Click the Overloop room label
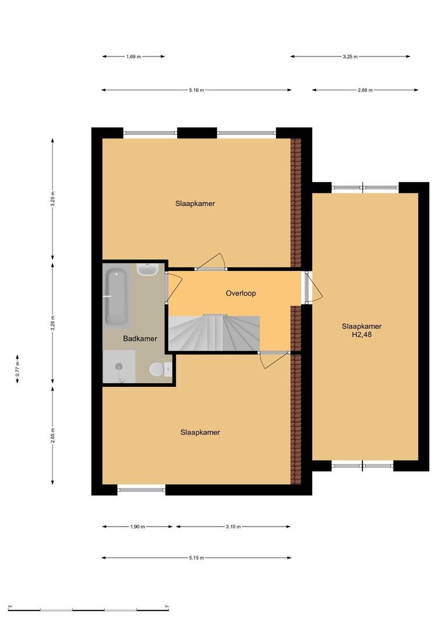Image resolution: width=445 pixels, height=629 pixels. point(241,293)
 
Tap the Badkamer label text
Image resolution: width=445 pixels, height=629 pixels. point(140,338)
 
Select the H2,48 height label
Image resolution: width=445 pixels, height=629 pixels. point(362,334)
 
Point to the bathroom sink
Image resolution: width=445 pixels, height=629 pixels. point(147,269)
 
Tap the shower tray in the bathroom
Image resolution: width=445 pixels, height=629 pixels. point(119,367)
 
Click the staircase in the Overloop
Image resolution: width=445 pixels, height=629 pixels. point(214,333)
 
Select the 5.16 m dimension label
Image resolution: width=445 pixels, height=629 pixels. point(197,90)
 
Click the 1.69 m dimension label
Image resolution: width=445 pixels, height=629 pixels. point(133,56)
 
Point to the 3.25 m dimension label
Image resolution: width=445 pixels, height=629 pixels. point(350,56)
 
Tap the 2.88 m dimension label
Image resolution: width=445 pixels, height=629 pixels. point(365,90)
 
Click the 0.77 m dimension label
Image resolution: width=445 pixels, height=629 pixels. point(17,369)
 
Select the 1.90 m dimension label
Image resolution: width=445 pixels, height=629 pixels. point(137,526)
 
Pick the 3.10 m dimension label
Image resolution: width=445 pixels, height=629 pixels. point(233,526)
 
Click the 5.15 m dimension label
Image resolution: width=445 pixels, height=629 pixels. point(197,557)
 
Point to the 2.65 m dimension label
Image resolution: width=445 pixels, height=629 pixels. point(52,436)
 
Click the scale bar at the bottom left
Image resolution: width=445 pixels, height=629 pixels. point(89,610)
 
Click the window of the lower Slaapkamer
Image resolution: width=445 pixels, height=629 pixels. point(141,489)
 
